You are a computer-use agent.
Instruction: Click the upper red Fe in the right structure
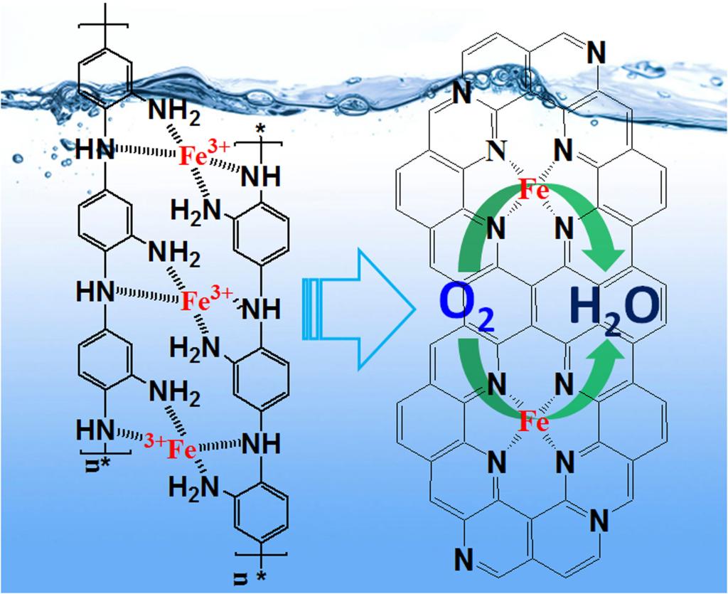(x=532, y=190)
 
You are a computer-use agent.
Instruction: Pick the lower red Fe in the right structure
(x=533, y=425)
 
